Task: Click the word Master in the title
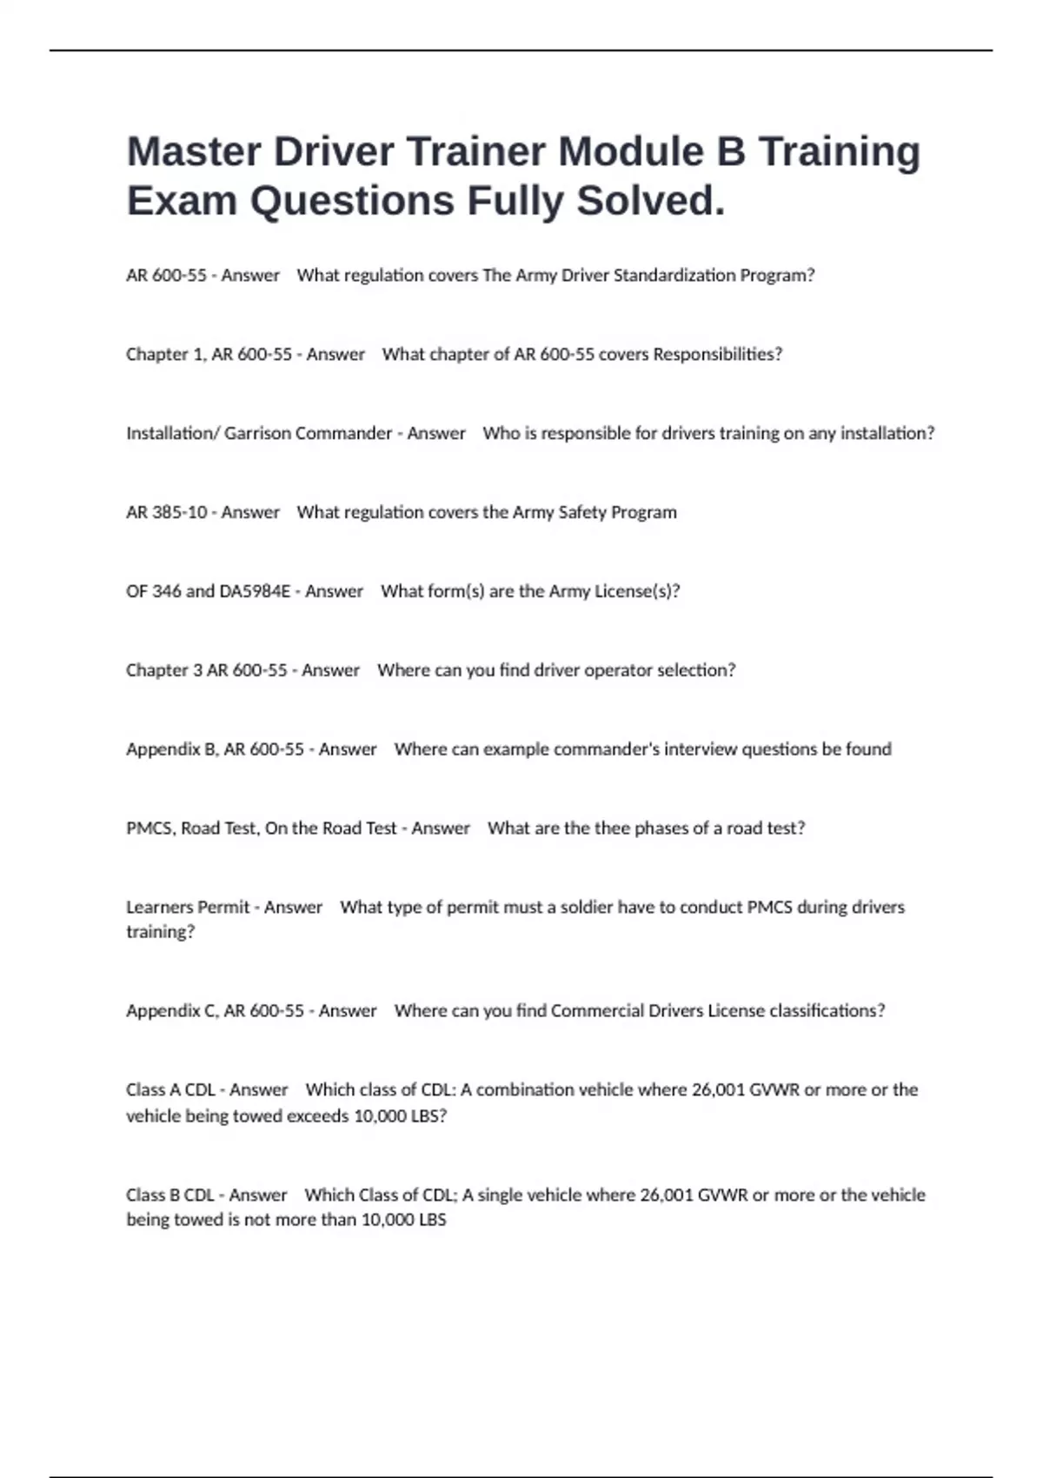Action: (x=193, y=151)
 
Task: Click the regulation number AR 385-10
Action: (x=167, y=512)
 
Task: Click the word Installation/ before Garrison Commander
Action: (x=173, y=433)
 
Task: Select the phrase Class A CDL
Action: (x=170, y=1089)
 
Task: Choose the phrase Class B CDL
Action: (x=170, y=1195)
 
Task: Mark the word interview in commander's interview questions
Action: (x=702, y=749)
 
